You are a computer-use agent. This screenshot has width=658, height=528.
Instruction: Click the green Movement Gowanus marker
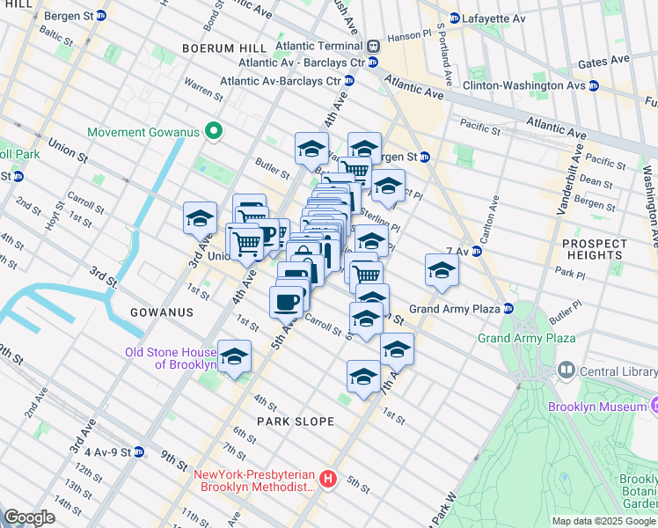(212, 133)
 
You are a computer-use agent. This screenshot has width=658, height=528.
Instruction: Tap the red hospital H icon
(328, 479)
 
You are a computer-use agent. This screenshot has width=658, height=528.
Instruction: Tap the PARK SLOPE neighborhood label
(292, 422)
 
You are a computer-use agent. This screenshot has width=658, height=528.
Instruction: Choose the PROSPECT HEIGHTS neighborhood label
(594, 249)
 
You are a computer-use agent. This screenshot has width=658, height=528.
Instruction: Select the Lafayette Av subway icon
(454, 18)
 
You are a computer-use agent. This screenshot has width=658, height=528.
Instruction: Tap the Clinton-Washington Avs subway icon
(594, 86)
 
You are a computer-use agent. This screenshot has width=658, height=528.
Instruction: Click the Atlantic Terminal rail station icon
(373, 46)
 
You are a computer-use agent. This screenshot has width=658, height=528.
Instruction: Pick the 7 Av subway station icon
(476, 251)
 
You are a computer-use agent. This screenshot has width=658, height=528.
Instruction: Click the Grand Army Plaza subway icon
(508, 309)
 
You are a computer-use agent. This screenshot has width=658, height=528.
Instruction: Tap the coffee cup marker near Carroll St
(286, 303)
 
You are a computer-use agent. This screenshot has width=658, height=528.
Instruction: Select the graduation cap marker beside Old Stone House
(235, 356)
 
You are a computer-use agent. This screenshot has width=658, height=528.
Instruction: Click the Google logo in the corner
(29, 517)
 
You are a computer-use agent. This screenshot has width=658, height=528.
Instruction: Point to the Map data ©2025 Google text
(603, 521)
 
